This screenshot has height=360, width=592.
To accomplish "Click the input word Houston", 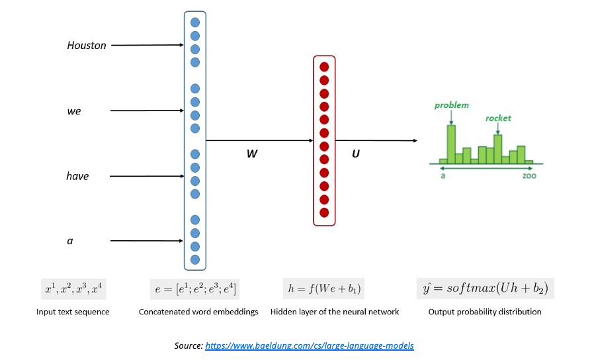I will [87, 46].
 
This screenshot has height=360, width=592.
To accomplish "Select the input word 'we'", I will [74, 111].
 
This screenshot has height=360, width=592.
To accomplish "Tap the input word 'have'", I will [77, 176].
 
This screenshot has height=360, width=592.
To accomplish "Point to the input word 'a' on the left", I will [70, 241].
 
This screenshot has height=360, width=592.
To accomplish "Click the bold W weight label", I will [251, 154].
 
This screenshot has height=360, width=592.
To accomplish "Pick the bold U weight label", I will [356, 154].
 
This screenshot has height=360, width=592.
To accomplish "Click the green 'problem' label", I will [452, 105].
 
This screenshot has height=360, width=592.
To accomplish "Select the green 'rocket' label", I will [498, 118].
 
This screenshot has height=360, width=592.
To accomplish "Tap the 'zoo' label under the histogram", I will [529, 177].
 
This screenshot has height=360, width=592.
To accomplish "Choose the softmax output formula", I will [485, 289].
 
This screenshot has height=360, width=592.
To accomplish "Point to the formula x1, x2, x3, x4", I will [73, 289].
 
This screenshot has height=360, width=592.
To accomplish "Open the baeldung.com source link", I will [310, 345].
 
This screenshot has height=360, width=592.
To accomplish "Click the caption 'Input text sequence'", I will [73, 312].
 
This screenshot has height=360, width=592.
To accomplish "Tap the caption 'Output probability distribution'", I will [485, 312].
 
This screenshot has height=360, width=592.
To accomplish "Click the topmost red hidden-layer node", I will [324, 67].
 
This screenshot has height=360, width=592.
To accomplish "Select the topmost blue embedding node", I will [195, 22].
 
